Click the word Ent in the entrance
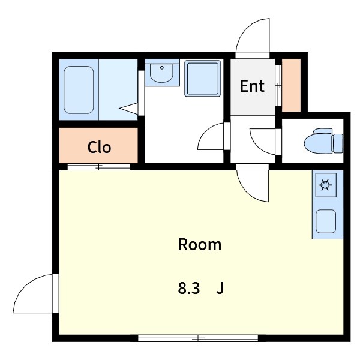(x=252, y=86)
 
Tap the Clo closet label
(x=99, y=147)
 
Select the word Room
(x=200, y=245)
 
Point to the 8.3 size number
(x=189, y=289)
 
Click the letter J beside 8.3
(x=220, y=289)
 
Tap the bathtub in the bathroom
(x=79, y=90)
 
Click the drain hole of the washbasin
(x=162, y=68)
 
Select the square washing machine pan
(x=203, y=78)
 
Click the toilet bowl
(x=319, y=144)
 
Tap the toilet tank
(x=338, y=143)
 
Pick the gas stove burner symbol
(x=326, y=185)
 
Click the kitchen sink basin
(x=326, y=221)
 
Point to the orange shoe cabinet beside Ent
(x=292, y=85)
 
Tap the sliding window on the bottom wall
(x=198, y=338)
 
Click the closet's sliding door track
(x=99, y=167)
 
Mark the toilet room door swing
(x=262, y=142)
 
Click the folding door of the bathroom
(x=129, y=107)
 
